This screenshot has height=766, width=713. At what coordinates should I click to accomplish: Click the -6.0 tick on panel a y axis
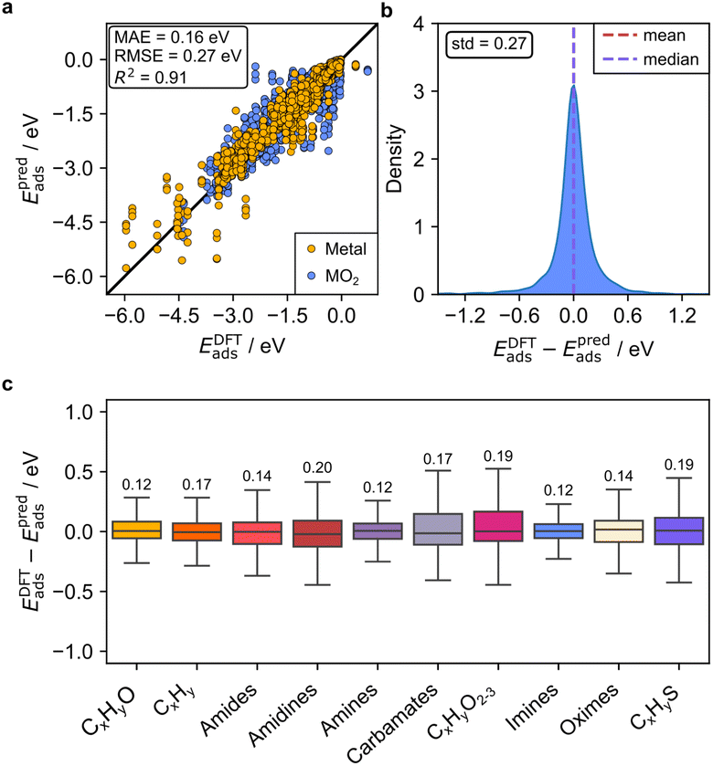click(x=80, y=276)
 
